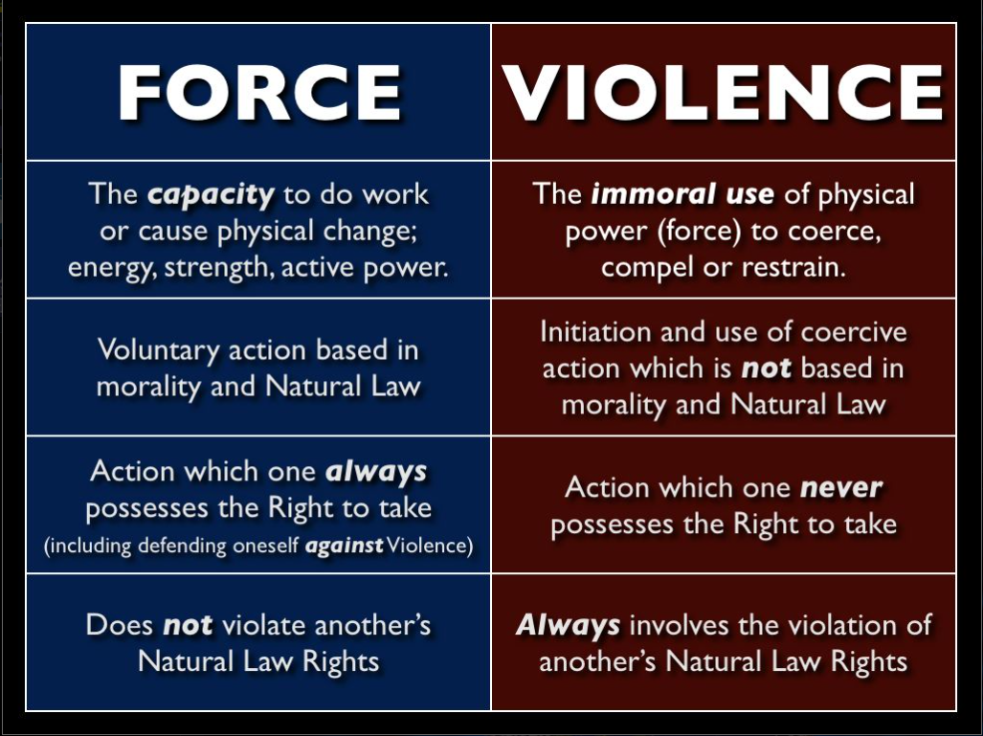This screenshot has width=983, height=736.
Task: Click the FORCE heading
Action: [259, 93]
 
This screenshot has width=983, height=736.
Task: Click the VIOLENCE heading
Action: [723, 93]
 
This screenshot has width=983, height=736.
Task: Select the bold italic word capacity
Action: [211, 195]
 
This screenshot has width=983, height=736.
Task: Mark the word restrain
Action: [793, 267]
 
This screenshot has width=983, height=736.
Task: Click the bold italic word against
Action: [344, 546]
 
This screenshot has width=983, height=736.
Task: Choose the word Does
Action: [120, 625]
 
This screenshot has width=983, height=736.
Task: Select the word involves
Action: [680, 625]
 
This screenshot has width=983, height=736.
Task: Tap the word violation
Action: [843, 625]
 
